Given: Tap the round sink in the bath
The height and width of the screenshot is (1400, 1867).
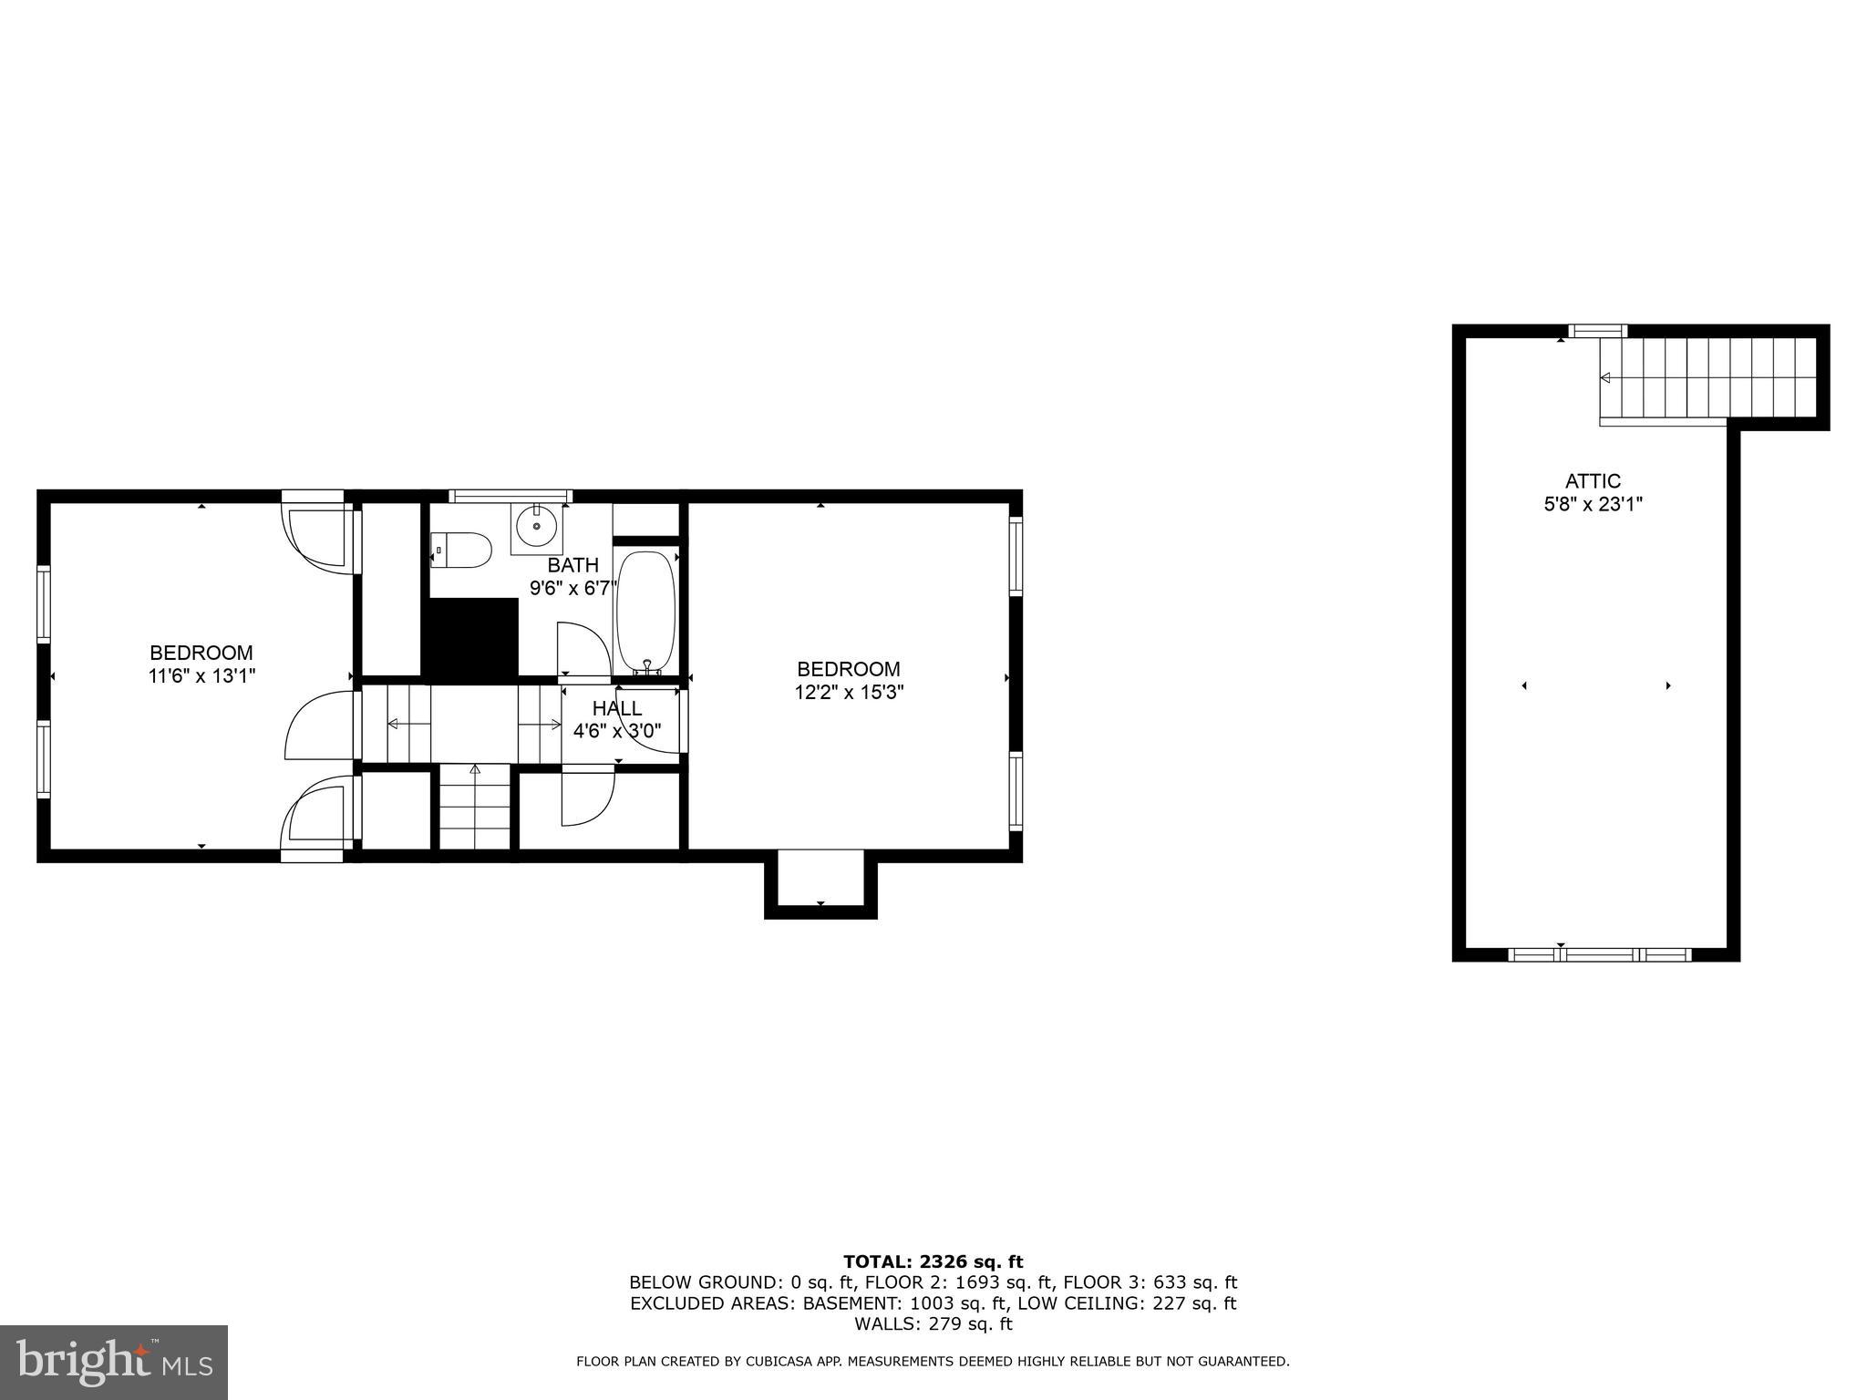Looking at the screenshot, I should point(536,526).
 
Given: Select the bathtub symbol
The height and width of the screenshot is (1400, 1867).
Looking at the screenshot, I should point(646,612).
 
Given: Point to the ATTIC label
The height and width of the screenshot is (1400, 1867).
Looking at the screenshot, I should point(1593,481).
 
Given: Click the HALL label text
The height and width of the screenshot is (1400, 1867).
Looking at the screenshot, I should point(617,708).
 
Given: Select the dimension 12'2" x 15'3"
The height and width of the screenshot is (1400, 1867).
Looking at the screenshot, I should point(849,693).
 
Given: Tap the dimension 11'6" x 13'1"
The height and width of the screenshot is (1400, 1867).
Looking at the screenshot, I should point(201,676).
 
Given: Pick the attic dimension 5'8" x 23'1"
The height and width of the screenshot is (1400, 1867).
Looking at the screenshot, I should point(1593,504).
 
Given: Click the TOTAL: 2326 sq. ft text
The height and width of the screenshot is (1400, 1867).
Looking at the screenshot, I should point(933,1261).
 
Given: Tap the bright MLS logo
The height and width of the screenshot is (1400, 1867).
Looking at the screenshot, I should point(114,1362).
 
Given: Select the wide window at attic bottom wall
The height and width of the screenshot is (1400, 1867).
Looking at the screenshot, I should point(1600,955).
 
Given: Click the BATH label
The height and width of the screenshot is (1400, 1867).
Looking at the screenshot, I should point(573,565).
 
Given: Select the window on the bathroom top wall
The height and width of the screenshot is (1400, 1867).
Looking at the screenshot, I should point(511,497).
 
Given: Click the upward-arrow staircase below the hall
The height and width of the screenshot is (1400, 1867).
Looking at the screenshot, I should point(475,808).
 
